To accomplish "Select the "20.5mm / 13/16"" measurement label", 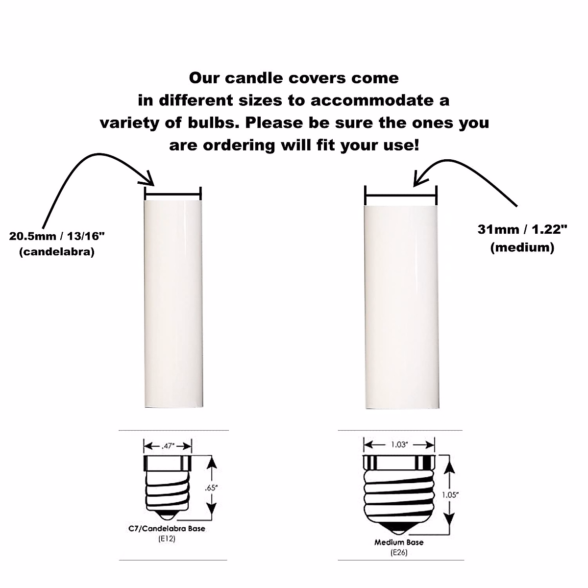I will pos(57,236).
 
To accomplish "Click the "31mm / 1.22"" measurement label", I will pos(522,229).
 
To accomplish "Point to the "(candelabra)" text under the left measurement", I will pos(57,253).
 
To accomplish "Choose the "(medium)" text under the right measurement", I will pos(522,247).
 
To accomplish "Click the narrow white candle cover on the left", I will pos(173,304).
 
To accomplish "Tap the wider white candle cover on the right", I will pos(400,307).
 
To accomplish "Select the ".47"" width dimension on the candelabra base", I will pos(167,446).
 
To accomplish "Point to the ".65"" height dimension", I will pos(212,488).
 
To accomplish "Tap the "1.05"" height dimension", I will pos(449,495).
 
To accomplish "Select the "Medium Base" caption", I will pos(399,542).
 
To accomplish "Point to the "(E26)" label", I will pos(399,553).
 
